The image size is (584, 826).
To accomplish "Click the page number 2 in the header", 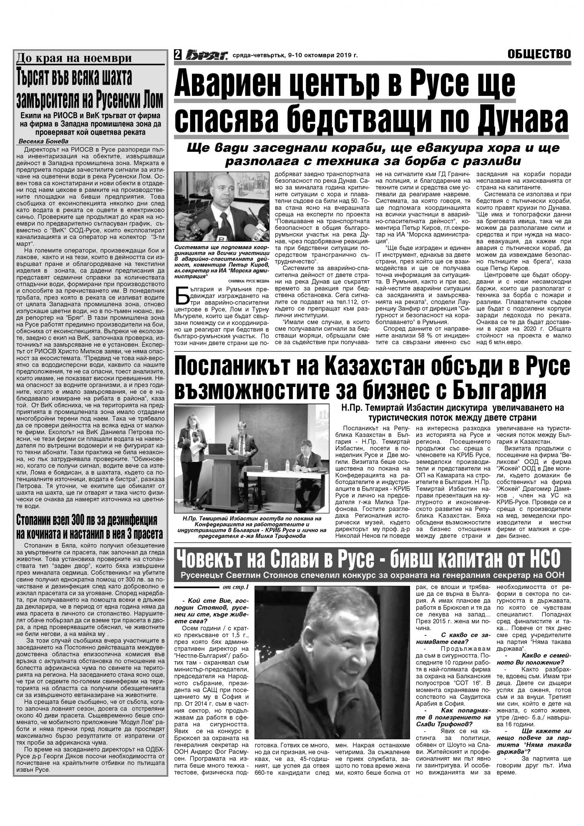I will (178, 55).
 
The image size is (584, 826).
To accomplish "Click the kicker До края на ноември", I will (73, 58).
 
